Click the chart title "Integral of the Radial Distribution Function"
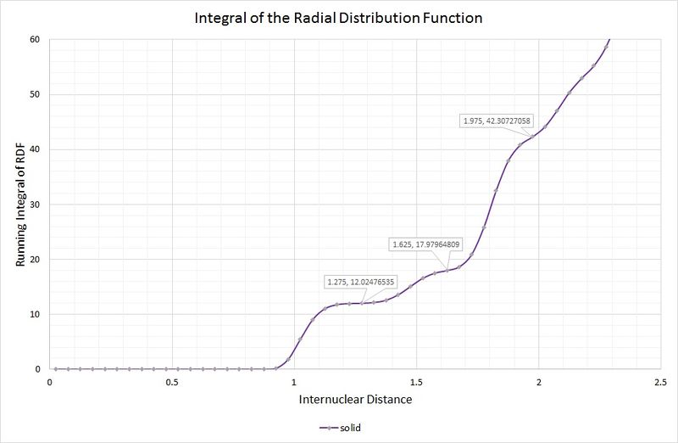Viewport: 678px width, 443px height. coord(339,17)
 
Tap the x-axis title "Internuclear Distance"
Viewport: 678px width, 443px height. coord(355,399)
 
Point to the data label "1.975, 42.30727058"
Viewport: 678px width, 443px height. coord(496,121)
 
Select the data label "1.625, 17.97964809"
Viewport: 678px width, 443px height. coord(425,244)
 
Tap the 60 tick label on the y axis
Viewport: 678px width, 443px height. coord(35,39)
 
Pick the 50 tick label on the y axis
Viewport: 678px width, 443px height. coord(35,94)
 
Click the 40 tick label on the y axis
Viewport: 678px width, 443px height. coord(35,149)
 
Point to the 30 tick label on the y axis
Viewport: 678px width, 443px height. coord(35,205)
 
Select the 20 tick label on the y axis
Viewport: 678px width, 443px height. coord(35,259)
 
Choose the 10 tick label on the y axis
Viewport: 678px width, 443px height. coord(35,314)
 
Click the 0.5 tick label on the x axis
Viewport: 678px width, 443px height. coord(172,383)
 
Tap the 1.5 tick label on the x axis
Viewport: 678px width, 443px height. coord(416,383)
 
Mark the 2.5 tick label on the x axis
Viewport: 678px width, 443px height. coord(659,383)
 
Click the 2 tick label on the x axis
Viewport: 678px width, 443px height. coord(538,383)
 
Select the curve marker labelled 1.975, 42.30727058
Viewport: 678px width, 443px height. coord(532,137)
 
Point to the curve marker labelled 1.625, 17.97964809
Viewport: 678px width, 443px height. coord(447,270)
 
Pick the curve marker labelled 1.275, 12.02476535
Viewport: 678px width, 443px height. coord(361,303)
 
